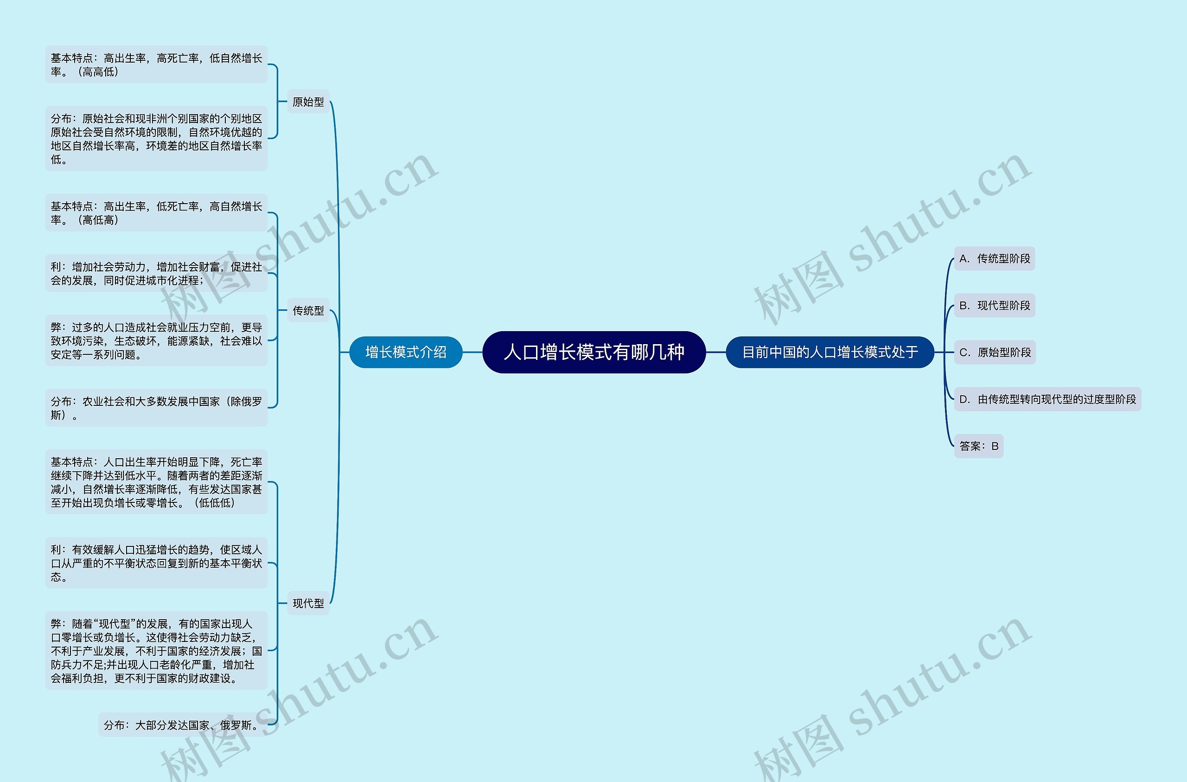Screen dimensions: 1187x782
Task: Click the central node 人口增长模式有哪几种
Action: click(x=593, y=353)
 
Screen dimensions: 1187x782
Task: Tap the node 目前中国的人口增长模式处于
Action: click(x=830, y=353)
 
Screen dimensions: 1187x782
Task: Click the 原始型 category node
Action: click(x=308, y=102)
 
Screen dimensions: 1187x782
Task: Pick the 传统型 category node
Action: click(x=308, y=310)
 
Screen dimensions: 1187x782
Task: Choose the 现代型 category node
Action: click(x=308, y=603)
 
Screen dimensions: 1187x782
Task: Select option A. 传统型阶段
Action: click(x=994, y=258)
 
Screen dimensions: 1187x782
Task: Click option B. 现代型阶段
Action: click(x=994, y=305)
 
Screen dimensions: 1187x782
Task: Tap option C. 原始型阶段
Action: click(x=995, y=353)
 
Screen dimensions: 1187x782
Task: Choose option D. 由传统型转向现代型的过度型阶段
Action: click(x=1047, y=399)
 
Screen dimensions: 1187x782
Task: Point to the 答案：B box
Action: click(x=978, y=446)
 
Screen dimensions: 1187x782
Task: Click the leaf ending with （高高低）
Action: click(x=156, y=65)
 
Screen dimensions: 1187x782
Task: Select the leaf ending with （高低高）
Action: click(x=156, y=213)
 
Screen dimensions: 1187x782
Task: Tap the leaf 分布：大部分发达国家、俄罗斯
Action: click(x=182, y=725)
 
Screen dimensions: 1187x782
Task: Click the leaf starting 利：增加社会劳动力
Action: click(x=156, y=274)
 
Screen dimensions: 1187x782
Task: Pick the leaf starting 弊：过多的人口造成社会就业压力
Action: click(x=156, y=341)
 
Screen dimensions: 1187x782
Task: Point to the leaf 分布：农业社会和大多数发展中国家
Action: click(x=156, y=408)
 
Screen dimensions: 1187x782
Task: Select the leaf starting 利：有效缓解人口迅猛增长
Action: click(x=156, y=563)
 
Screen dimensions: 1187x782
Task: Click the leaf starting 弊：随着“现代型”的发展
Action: click(x=156, y=651)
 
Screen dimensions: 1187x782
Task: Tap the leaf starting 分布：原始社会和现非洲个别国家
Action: click(x=156, y=139)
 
